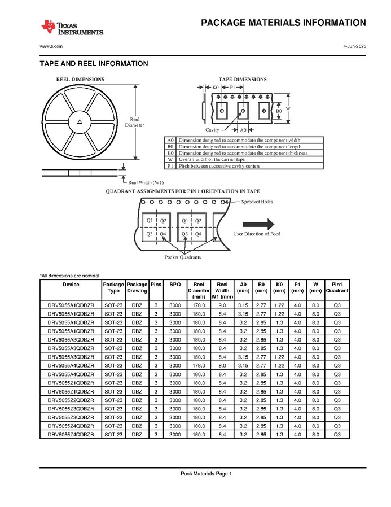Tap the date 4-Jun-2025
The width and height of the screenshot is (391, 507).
(x=354, y=46)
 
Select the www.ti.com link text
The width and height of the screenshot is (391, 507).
(x=51, y=46)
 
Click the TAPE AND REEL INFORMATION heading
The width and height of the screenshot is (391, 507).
(x=94, y=64)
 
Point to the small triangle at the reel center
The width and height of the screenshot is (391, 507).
(x=80, y=121)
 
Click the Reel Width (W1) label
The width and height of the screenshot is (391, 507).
(x=146, y=182)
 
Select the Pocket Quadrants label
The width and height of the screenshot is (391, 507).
(x=182, y=257)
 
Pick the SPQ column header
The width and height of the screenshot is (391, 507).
(x=175, y=285)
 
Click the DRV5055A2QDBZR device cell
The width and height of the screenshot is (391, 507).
(x=71, y=339)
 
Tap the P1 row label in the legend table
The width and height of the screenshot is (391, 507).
(x=170, y=165)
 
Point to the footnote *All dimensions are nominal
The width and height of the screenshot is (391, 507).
(x=69, y=275)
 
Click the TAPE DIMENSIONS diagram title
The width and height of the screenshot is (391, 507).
(x=243, y=79)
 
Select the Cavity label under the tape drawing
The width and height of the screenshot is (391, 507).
(x=212, y=130)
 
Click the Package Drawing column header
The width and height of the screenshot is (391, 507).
(x=137, y=287)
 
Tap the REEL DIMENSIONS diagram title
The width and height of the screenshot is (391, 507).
(x=80, y=79)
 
